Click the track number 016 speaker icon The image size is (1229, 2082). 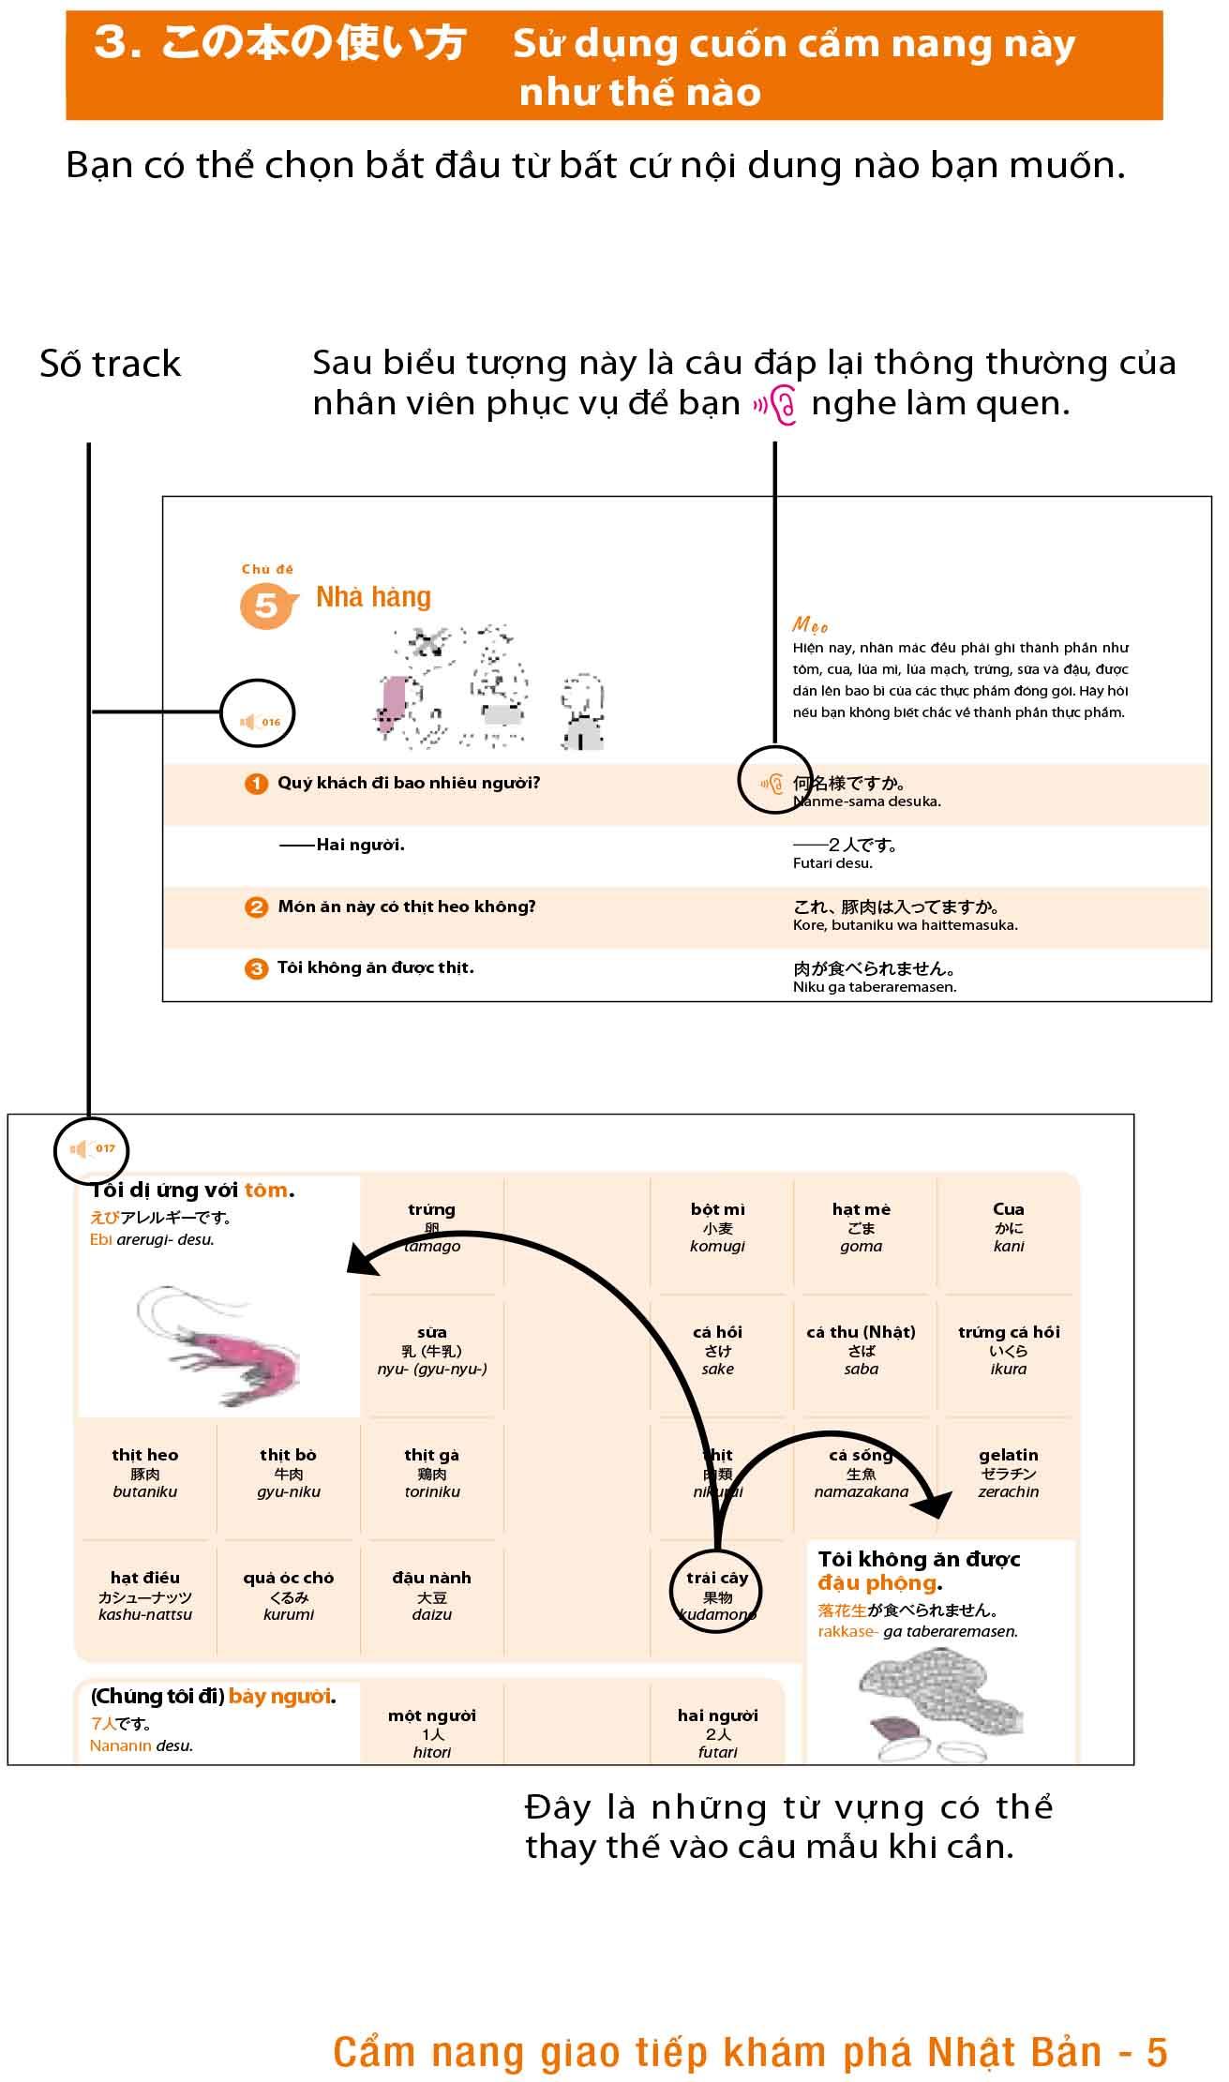click(x=259, y=722)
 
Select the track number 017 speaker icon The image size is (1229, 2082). click(x=91, y=1149)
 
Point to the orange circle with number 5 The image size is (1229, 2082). click(x=266, y=606)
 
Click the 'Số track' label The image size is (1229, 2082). click(x=110, y=364)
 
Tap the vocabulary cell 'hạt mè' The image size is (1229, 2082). click(x=861, y=1227)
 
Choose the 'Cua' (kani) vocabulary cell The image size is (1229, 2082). click(x=1008, y=1227)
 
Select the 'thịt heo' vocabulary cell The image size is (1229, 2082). click(x=144, y=1473)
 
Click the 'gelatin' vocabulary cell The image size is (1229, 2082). click(x=1008, y=1473)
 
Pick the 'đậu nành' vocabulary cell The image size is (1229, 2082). click(x=431, y=1595)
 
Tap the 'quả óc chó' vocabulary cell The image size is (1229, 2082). click(x=288, y=1595)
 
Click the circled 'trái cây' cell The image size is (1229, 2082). click(x=717, y=1595)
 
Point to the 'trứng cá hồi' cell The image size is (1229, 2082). click(x=1008, y=1350)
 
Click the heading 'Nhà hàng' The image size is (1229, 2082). click(x=373, y=597)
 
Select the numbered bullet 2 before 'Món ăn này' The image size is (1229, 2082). click(x=256, y=907)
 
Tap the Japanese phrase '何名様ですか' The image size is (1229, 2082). click(x=848, y=784)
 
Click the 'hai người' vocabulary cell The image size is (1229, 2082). click(x=717, y=1733)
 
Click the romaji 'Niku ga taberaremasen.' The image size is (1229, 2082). click(x=874, y=987)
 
